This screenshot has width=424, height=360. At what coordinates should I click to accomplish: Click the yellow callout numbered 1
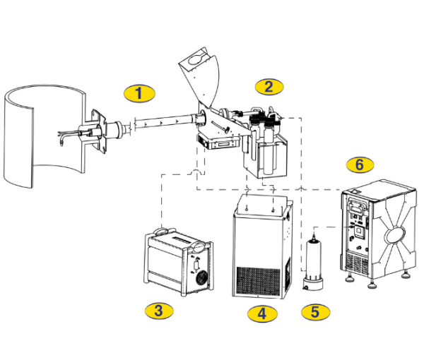139,93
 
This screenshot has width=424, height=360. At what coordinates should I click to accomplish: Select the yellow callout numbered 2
269,87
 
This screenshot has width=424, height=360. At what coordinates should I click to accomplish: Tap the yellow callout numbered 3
159,311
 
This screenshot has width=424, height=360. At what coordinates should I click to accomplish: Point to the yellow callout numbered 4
262,314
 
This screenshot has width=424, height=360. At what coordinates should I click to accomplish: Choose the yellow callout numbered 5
316,312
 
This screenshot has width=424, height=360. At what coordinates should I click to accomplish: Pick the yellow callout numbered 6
360,164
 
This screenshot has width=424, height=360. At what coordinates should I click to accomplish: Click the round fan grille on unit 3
201,278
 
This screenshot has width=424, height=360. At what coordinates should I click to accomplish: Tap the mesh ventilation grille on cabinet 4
258,281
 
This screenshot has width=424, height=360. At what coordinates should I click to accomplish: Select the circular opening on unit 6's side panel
395,235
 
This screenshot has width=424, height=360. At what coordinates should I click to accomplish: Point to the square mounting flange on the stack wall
98,131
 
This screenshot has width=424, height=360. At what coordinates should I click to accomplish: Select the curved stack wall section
45,136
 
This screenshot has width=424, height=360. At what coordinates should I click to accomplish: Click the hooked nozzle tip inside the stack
62,141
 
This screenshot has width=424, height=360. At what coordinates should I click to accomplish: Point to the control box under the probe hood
218,142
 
